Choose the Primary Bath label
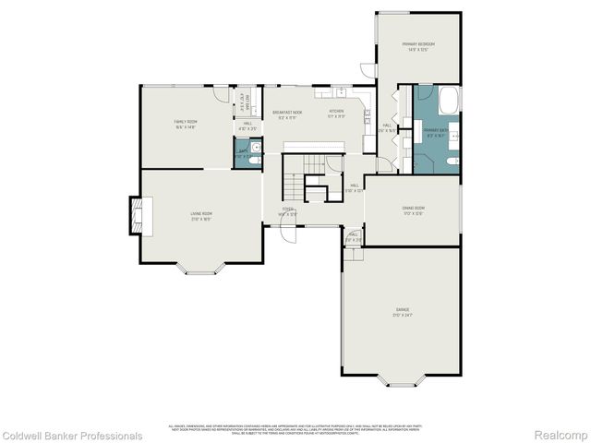click(435, 131)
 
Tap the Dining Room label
click(413, 209)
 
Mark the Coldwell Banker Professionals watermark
click(72, 435)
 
